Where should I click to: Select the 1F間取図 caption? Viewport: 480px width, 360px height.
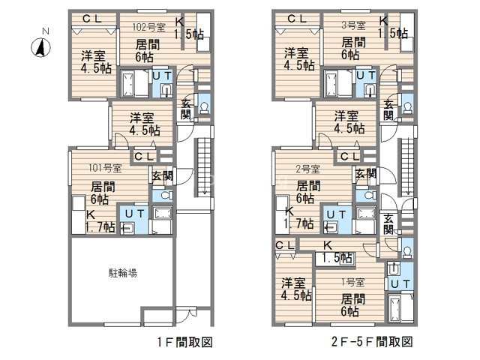click(x=184, y=343)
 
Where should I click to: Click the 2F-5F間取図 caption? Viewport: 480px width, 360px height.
click(x=372, y=343)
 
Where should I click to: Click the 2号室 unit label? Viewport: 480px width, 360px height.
click(x=307, y=168)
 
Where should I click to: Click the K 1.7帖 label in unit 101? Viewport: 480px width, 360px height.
click(x=97, y=220)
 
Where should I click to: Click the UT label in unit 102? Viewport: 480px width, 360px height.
click(x=162, y=76)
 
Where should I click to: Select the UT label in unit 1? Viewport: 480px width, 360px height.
click(x=400, y=283)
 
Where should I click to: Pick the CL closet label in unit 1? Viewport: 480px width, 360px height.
click(x=284, y=245)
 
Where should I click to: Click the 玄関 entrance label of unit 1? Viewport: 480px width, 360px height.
click(x=388, y=223)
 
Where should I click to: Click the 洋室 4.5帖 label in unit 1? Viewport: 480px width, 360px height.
click(x=297, y=289)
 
